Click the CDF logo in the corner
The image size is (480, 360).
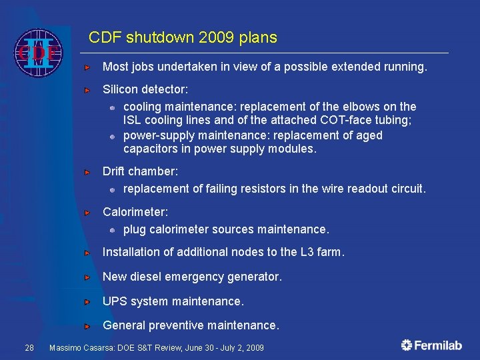(x=38, y=52)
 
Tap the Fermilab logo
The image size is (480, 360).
(x=431, y=345)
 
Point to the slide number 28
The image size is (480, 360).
(x=29, y=347)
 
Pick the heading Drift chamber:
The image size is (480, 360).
(x=140, y=172)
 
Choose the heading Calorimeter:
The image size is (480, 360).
(x=135, y=213)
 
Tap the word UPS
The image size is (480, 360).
(x=115, y=301)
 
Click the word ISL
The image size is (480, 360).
(x=133, y=121)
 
